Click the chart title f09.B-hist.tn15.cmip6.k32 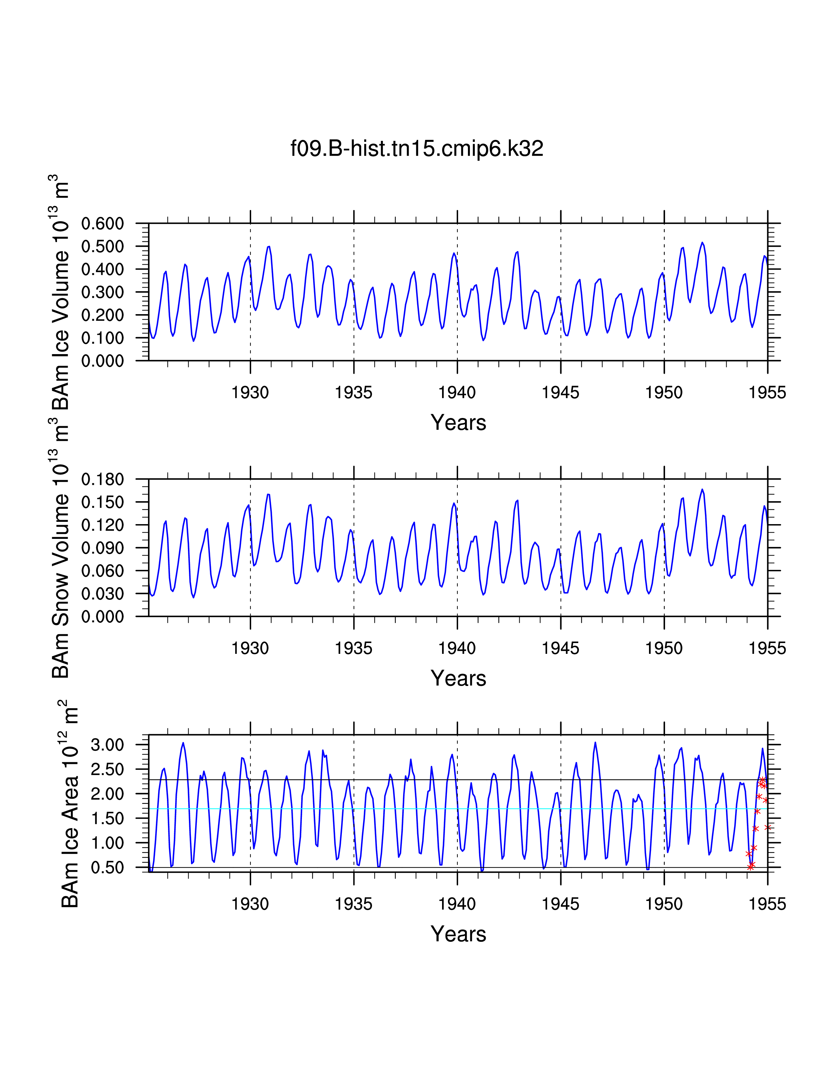(417, 148)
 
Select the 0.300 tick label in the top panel (102, 292)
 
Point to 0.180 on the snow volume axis (102, 479)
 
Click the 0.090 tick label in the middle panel (102, 548)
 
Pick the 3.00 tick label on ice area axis (107, 745)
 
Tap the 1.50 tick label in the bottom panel (107, 818)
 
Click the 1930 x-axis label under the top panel (250, 392)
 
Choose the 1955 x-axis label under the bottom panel (767, 904)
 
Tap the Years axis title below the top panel (458, 423)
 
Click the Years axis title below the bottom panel (458, 935)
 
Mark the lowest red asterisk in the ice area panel (751, 867)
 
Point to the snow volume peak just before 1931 (268, 494)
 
